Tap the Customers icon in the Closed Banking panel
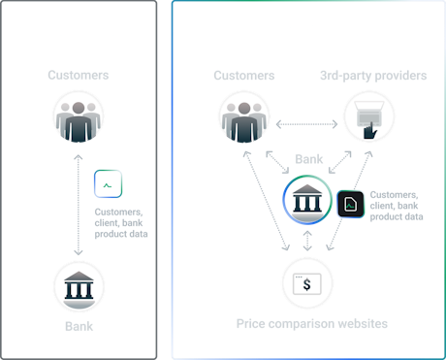(79, 118)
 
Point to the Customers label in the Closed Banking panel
(79, 75)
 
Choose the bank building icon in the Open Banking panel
(307, 202)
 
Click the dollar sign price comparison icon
(307, 284)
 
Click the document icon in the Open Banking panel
(351, 204)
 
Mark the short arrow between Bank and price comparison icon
(307, 243)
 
